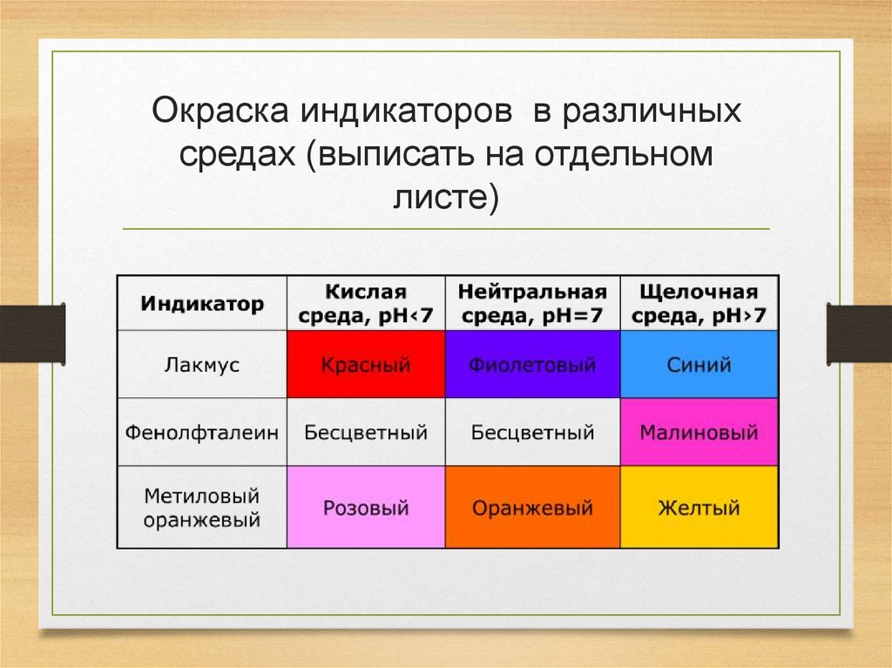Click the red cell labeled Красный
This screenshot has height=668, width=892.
coord(366,364)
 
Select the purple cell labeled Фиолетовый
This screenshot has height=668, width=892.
coord(532,364)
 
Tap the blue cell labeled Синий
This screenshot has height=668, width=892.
coord(699,364)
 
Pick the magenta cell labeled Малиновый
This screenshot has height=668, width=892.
coord(699,432)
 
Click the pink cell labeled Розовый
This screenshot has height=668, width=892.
coord(366,507)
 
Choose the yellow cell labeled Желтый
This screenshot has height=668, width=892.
coord(699,507)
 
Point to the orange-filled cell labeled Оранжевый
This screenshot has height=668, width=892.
coord(532,507)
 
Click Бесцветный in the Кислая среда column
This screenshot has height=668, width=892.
coord(366,432)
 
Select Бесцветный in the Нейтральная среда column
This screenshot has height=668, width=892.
coord(532,432)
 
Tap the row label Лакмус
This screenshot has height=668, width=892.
coord(202,364)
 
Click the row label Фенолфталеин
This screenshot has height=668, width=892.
coord(202,432)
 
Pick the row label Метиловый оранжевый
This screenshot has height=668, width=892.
coord(202,507)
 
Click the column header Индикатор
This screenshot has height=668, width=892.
coord(202,304)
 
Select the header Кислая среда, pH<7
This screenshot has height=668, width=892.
coord(366,303)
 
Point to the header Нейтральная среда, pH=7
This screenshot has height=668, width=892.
coord(532,303)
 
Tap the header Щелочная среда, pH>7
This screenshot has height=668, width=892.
coord(699,303)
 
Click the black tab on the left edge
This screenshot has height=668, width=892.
coord(32,333)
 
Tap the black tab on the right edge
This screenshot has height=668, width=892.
coord(859,333)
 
